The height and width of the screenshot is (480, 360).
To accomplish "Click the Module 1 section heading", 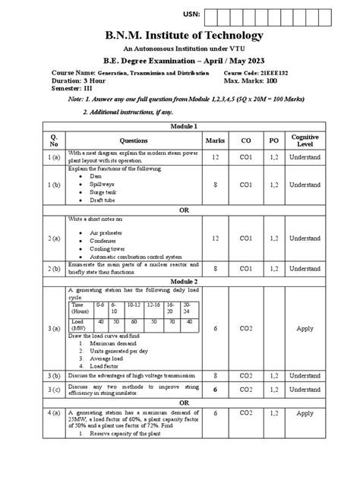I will click(x=180, y=126).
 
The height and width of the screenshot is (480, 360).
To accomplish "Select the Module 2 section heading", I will click(x=180, y=279).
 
